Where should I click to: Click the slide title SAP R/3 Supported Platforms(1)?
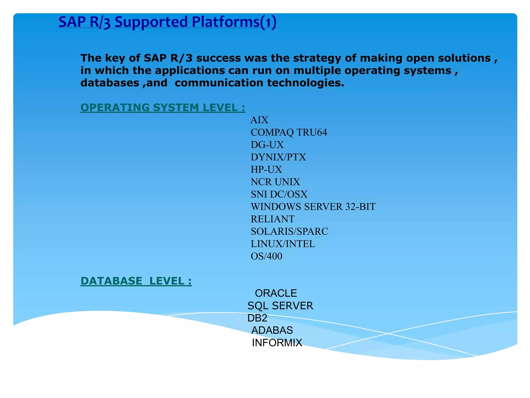point(167,22)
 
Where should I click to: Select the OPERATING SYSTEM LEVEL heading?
point(163,108)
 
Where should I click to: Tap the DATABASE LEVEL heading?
point(136,281)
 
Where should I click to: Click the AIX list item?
point(259,120)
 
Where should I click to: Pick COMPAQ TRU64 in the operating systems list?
point(289,132)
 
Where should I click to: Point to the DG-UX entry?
point(267,145)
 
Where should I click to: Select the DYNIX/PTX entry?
point(278,157)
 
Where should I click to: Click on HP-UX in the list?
point(266,169)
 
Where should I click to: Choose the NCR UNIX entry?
point(275,182)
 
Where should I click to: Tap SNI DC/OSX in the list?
point(279,194)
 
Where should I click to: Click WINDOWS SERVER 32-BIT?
point(313,207)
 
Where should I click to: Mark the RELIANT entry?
point(273,219)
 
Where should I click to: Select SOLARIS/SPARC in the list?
point(289,231)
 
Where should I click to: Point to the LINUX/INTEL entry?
point(283,244)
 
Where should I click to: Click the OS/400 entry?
point(266,256)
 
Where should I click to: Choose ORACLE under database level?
point(276,293)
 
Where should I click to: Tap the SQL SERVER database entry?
point(280,306)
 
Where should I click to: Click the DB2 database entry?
point(257,318)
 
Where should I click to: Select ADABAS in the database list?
point(272,330)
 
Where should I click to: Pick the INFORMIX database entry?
point(277,343)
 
